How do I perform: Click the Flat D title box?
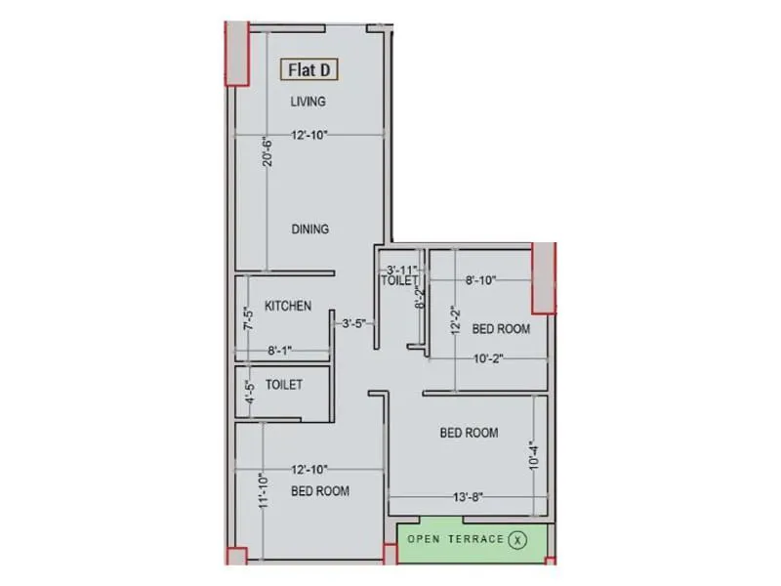[x=310, y=70]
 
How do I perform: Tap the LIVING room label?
[x=308, y=102]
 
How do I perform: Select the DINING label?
[x=309, y=230]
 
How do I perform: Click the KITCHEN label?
[x=288, y=306]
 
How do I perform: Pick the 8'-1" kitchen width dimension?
[x=279, y=349]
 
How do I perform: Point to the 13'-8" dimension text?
[x=467, y=497]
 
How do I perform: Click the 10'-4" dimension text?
[x=533, y=454]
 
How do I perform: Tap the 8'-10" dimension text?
[x=480, y=280]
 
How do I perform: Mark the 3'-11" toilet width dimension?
[x=401, y=270]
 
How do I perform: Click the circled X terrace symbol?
[x=518, y=539]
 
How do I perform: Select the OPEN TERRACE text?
[x=456, y=539]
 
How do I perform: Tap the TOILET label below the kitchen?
[x=283, y=385]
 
